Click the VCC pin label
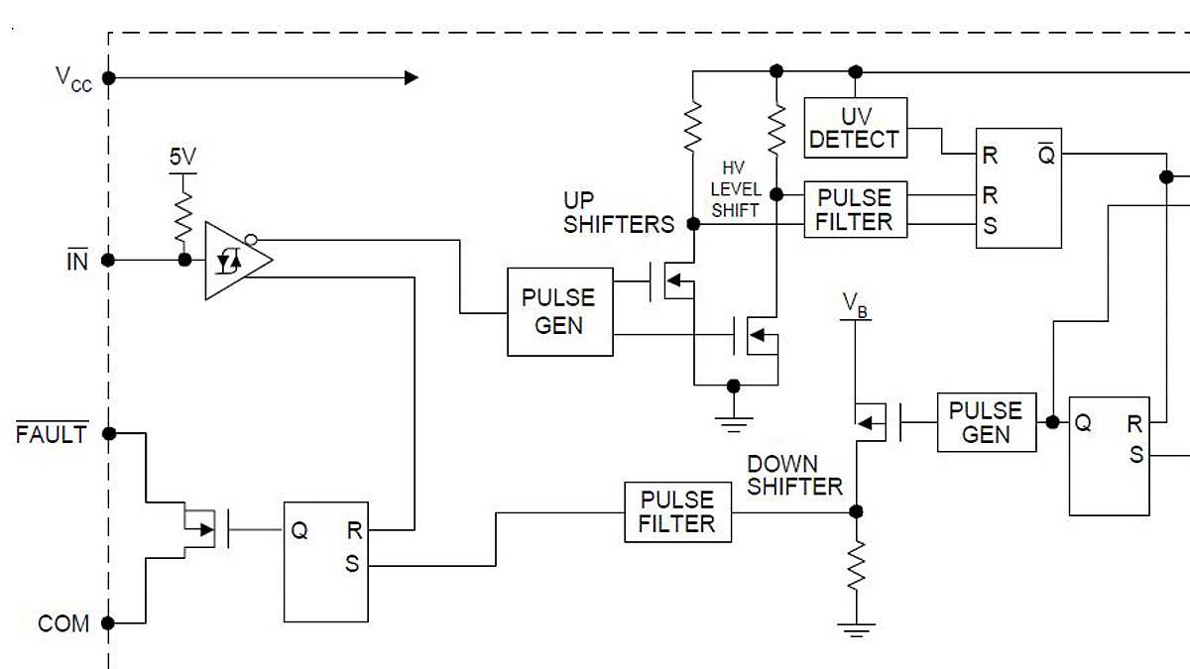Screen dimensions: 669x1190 pos(72,78)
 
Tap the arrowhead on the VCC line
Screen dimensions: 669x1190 pos(411,77)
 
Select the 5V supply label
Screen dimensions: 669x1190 pos(182,157)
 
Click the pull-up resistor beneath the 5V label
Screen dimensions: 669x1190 pos(183,216)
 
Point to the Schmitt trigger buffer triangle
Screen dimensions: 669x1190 pos(235,261)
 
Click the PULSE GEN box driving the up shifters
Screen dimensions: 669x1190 pos(559,311)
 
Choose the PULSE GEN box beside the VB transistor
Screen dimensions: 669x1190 pos(986,422)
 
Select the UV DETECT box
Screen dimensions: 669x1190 pos(854,127)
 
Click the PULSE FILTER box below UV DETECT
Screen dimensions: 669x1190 pos(854,209)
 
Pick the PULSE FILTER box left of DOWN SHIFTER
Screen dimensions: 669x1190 pos(677,511)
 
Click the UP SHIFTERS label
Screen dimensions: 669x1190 pos(618,213)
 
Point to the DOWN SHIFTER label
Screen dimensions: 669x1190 pos(794,475)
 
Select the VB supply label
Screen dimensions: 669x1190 pos(855,305)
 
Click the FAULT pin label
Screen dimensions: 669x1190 pos(51,434)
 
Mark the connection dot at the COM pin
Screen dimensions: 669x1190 pos(109,623)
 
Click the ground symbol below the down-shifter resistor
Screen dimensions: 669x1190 pos(856,628)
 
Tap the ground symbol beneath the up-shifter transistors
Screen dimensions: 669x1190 pos(733,425)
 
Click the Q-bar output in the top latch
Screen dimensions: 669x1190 pos(1045,156)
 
